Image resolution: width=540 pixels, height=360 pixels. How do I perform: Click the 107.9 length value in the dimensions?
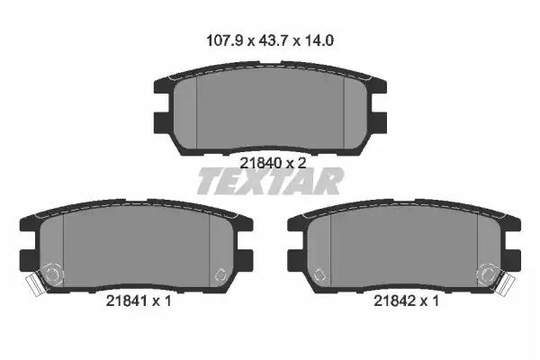[x=224, y=40]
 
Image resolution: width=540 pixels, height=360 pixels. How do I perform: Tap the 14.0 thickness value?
[x=319, y=40]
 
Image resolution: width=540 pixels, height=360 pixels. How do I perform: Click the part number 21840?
[x=261, y=163]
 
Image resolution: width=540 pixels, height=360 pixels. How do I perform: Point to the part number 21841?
[x=127, y=301]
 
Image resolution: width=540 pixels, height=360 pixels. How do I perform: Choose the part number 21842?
[x=395, y=301]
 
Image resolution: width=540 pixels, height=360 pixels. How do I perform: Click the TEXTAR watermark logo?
[x=270, y=181]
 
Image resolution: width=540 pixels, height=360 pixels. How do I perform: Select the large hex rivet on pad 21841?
[x=53, y=274]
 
